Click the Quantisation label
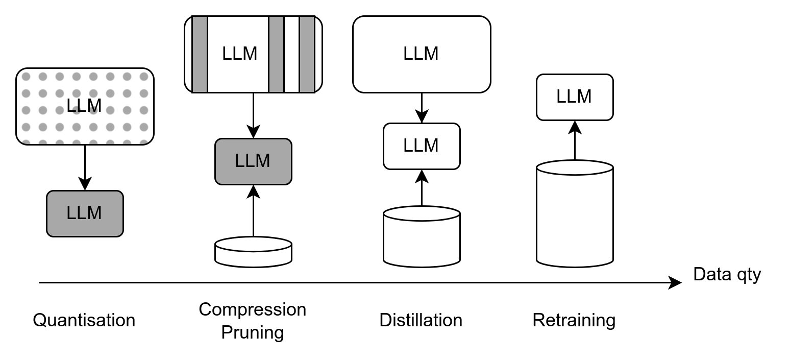pos(84,320)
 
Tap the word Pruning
pos(253,332)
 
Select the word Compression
pos(253,309)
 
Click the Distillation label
pos(421,320)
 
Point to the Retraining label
pos(574,320)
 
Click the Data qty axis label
pos(727,275)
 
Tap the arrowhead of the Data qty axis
pos(676,282)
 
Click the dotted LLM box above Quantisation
pos(85,106)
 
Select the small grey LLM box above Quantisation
pos(85,213)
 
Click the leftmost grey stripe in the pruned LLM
pos(200,54)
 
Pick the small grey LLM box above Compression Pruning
pos(253,161)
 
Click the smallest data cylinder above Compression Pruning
pos(253,251)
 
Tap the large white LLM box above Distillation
pos(422,54)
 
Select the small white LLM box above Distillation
pos(422,146)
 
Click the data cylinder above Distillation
pos(422,236)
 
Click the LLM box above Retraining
pos(575,97)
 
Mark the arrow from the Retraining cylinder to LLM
pos(575,140)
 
